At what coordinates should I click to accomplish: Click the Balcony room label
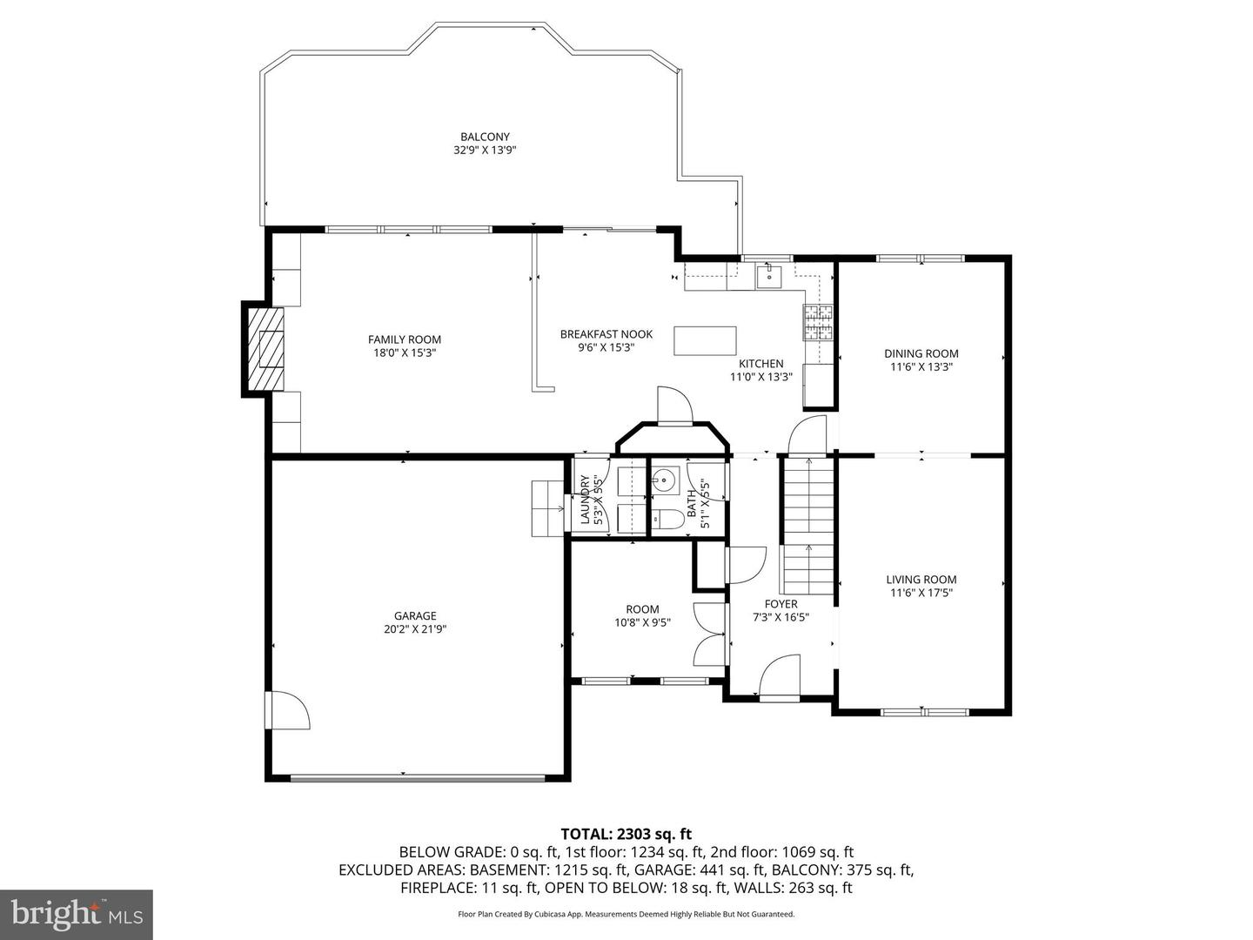[485, 137]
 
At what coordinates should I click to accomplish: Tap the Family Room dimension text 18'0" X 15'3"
[404, 353]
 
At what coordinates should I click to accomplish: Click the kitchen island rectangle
[704, 340]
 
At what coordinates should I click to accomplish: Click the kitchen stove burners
[817, 322]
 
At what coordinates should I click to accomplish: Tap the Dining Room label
[921, 353]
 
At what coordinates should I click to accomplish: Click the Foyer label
[781, 604]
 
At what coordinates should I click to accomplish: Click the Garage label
[415, 616]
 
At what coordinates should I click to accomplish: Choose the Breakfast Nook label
[606, 334]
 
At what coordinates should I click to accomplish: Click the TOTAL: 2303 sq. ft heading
[626, 834]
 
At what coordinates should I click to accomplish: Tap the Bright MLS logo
[77, 914]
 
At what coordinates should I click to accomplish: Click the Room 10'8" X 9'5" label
[642, 609]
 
